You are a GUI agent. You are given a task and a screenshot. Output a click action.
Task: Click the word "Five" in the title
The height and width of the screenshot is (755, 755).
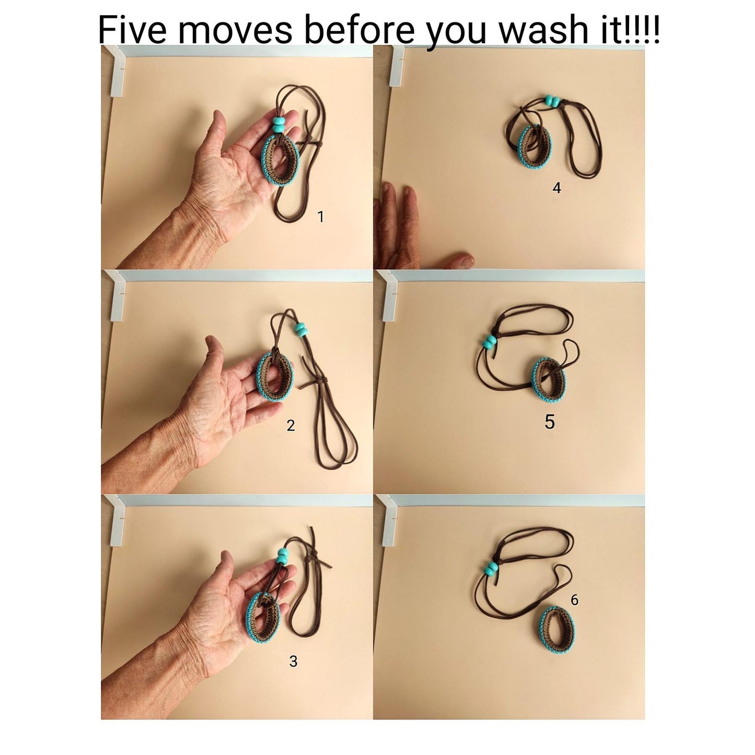tap(132, 29)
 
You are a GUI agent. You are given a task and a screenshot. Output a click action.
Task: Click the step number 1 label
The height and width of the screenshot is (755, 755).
tap(321, 216)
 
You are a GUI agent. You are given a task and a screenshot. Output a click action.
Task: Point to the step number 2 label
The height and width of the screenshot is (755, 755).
tap(291, 425)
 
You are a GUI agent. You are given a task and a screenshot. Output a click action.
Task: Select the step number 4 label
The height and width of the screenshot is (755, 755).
tap(556, 188)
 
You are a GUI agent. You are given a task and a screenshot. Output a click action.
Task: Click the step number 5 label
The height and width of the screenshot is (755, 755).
tap(549, 422)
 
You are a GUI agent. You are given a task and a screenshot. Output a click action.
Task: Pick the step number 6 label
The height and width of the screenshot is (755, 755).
tap(574, 599)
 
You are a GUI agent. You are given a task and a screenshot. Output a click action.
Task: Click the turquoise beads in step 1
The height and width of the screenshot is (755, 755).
tap(278, 124)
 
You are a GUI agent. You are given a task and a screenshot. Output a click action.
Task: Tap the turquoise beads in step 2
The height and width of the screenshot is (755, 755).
tap(301, 330)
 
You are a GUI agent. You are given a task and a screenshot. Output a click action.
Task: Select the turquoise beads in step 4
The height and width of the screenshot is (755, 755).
tap(553, 101)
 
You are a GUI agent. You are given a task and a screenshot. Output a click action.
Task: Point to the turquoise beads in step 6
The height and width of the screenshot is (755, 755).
tap(491, 568)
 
